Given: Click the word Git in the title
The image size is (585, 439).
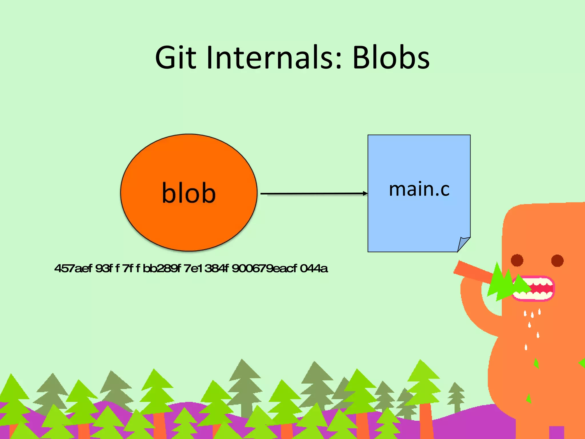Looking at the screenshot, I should (x=176, y=58).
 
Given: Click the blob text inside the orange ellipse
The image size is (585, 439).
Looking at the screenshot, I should (x=189, y=193).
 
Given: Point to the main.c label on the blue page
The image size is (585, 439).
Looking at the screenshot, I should (x=419, y=189).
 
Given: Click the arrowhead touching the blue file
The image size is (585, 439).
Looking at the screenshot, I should (x=365, y=193).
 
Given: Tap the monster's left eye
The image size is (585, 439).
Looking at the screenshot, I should (x=517, y=260).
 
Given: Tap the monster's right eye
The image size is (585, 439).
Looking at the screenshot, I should (x=557, y=260).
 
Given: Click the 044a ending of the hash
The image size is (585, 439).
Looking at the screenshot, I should (x=314, y=269).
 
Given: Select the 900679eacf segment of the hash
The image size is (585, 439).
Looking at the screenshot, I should (x=264, y=269).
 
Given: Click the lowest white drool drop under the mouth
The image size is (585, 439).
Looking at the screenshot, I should (x=526, y=347).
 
